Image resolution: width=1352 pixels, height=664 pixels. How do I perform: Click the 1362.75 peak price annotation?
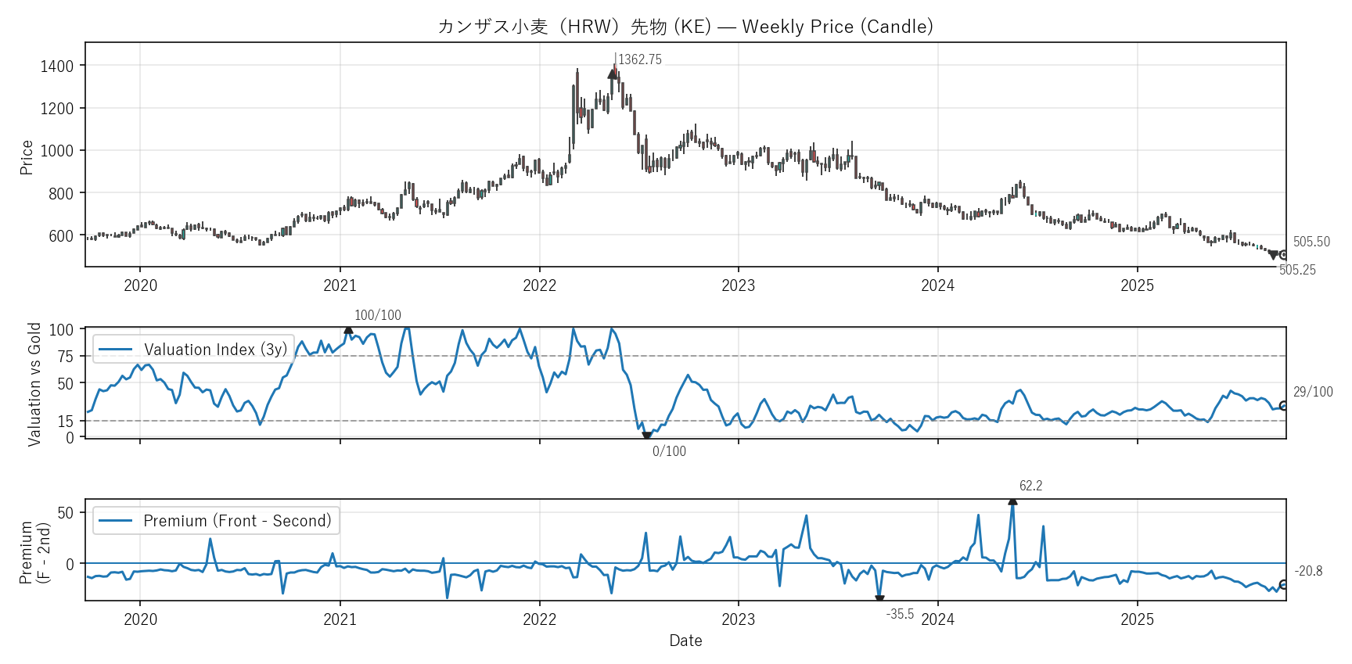point(639,60)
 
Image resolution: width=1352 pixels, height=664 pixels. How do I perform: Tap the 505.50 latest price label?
point(1311,242)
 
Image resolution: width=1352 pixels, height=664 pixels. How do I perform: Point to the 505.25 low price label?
point(1297,271)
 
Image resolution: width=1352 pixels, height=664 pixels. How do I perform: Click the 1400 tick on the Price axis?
point(57,66)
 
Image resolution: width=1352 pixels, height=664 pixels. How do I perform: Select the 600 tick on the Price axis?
point(61,236)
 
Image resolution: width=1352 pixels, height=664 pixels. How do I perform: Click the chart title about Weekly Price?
point(685,27)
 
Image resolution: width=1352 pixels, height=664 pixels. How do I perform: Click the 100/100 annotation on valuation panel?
point(377,316)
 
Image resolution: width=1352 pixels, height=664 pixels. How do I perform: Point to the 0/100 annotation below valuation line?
point(669,452)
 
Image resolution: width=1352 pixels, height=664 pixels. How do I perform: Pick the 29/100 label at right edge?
point(1313,393)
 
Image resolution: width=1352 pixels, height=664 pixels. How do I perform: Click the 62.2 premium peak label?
point(1030,486)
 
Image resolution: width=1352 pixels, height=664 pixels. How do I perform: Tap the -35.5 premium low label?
point(900,615)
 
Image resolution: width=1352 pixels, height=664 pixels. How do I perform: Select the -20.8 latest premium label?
point(1308,572)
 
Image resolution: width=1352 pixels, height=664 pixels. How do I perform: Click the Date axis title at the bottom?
point(685,641)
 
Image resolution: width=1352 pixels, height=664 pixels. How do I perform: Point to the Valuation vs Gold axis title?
point(34,384)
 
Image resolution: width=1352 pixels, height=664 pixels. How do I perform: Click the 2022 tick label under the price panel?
point(539,285)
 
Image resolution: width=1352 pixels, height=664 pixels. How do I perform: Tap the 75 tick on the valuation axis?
point(66,357)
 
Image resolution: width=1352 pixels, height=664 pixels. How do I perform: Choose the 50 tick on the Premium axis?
point(66,513)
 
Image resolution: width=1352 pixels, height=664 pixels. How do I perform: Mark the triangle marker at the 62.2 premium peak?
point(1012,501)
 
